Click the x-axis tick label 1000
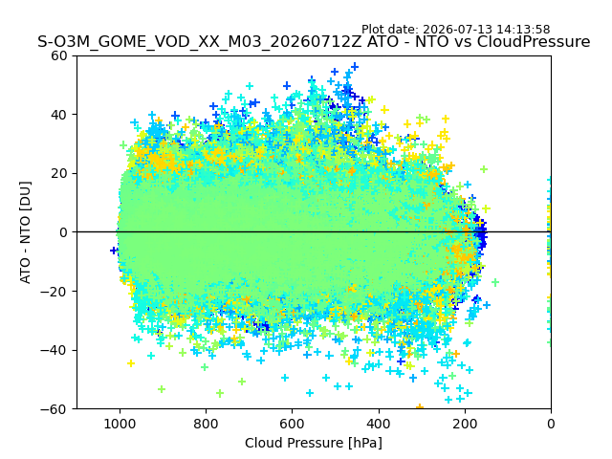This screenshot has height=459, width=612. click(x=120, y=424)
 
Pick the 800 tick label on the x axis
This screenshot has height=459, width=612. click(x=207, y=424)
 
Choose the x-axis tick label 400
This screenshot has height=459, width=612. click(x=379, y=424)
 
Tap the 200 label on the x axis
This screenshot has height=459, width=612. click(x=465, y=424)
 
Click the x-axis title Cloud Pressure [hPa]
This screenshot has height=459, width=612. click(x=314, y=443)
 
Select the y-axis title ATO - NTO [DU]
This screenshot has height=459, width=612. click(x=25, y=232)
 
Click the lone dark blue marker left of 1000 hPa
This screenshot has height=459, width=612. click(x=114, y=251)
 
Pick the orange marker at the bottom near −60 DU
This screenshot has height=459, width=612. click(x=420, y=407)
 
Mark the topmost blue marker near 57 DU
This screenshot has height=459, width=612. click(x=355, y=66)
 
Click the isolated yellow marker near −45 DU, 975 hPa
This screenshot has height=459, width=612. click(x=131, y=363)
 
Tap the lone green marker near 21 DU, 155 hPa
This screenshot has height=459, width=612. click(x=484, y=169)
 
